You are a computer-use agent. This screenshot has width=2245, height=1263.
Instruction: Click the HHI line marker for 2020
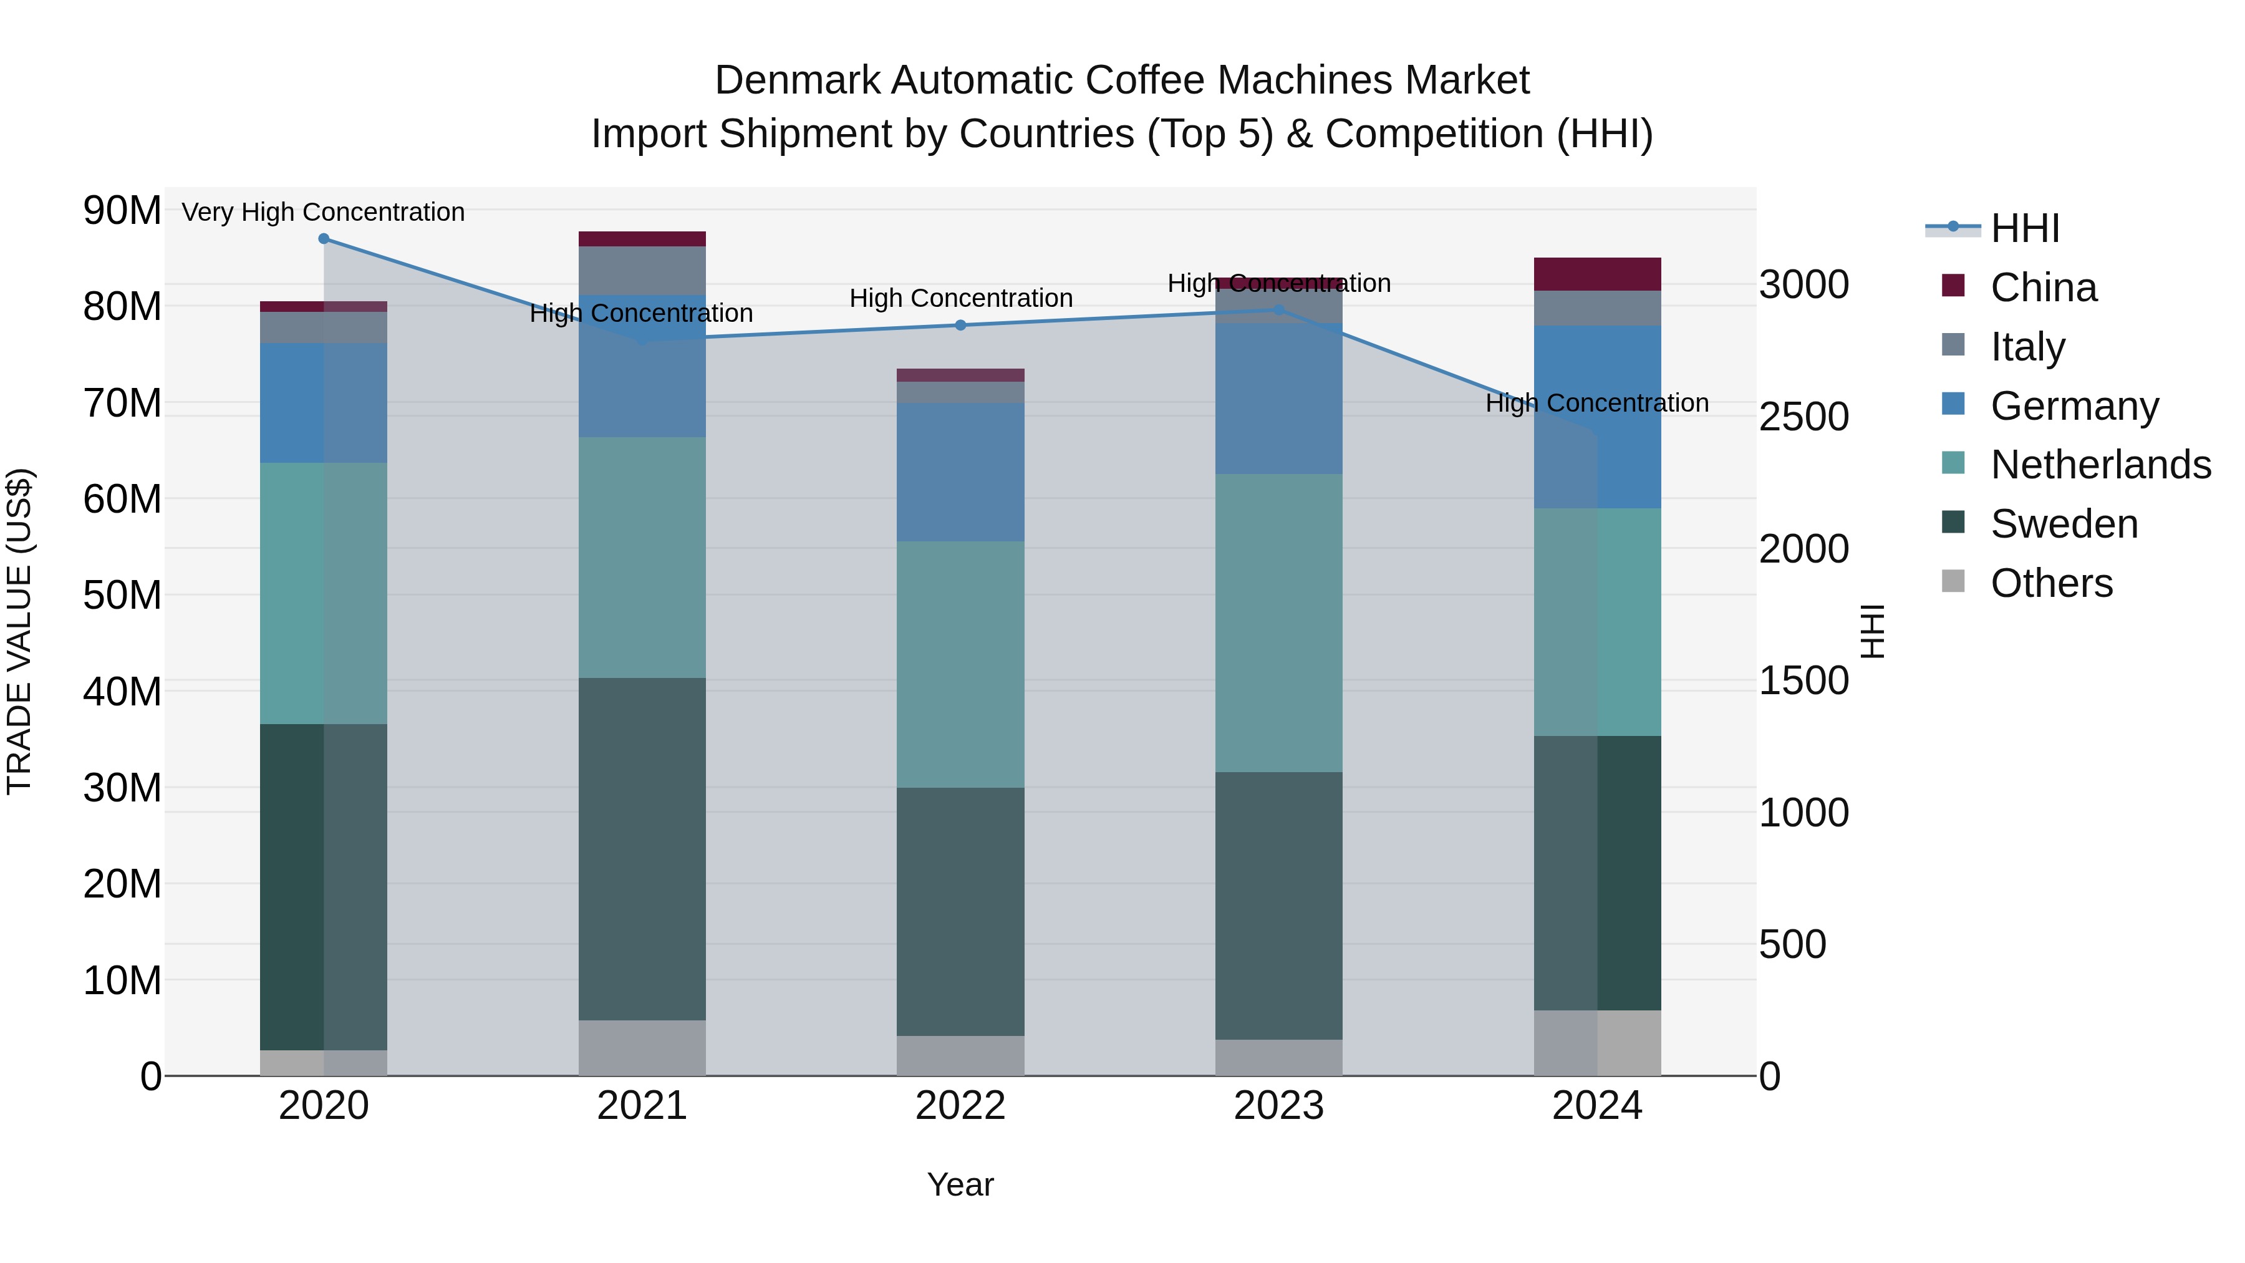[323, 238]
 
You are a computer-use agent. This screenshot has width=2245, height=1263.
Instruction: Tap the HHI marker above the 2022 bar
[960, 325]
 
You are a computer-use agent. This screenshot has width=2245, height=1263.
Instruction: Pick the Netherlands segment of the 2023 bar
[1278, 622]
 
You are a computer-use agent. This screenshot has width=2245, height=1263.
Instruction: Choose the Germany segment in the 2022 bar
[960, 472]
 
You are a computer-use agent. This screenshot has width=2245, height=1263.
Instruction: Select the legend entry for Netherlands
[2100, 465]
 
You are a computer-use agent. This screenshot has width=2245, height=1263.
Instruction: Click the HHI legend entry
[2024, 228]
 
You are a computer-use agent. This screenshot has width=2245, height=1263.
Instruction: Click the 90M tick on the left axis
[122, 210]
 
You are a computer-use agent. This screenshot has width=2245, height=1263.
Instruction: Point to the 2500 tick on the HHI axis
[1803, 417]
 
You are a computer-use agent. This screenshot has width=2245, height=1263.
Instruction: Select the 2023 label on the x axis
[1278, 1106]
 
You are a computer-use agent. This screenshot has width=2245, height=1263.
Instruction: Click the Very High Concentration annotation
[323, 212]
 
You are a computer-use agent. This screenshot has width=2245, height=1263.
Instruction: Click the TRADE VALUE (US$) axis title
[19, 631]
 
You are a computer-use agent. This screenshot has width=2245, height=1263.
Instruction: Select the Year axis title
[960, 1184]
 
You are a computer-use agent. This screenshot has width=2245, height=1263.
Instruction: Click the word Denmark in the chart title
[800, 80]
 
